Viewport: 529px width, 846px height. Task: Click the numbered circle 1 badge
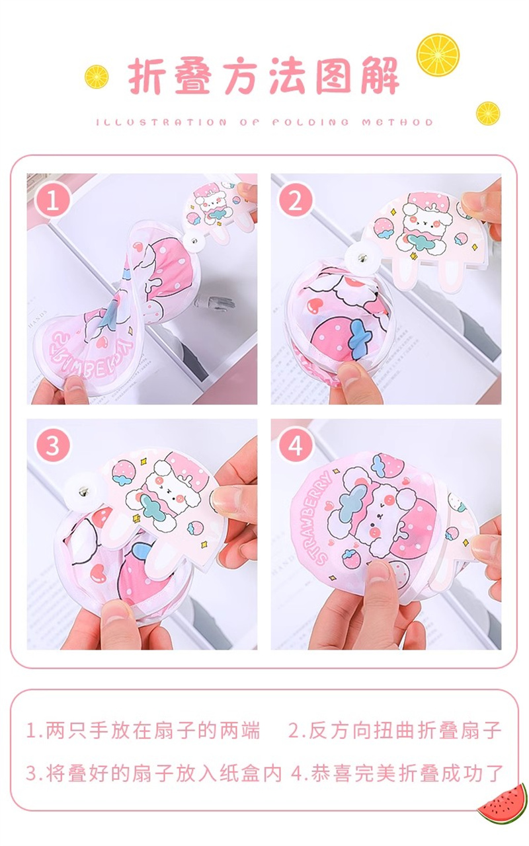click(x=52, y=200)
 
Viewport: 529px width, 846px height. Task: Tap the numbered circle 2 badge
click(x=296, y=200)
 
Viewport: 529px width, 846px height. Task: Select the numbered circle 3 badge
click(x=52, y=445)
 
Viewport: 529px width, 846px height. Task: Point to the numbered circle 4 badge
click(x=296, y=445)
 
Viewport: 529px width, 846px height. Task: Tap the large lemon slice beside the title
click(x=438, y=54)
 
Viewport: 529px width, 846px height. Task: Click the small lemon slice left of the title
click(x=97, y=77)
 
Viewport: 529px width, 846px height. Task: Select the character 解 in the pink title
click(x=380, y=75)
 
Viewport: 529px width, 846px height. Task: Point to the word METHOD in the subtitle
click(x=397, y=122)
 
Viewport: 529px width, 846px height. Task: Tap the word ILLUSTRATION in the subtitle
click(x=161, y=122)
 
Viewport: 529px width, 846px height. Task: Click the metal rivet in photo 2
click(x=362, y=258)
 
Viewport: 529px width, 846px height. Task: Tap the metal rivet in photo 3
click(x=83, y=492)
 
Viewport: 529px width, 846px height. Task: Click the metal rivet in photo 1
click(x=194, y=239)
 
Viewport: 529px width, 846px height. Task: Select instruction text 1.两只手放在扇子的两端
click(x=143, y=730)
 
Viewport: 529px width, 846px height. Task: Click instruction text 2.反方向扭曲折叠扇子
click(x=395, y=730)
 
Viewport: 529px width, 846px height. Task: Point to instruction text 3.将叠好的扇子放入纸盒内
click(x=154, y=772)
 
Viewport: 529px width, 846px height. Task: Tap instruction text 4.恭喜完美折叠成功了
click(x=397, y=772)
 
